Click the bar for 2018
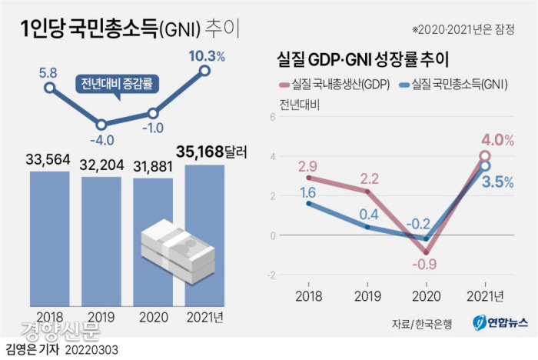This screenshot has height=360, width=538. [x=49, y=238]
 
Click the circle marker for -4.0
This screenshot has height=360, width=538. [x=101, y=123]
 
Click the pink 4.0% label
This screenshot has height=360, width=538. [x=497, y=140]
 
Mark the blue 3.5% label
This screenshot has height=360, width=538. [x=497, y=182]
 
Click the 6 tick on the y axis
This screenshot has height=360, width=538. [x=271, y=117]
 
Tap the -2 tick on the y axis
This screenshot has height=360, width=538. [x=270, y=275]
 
